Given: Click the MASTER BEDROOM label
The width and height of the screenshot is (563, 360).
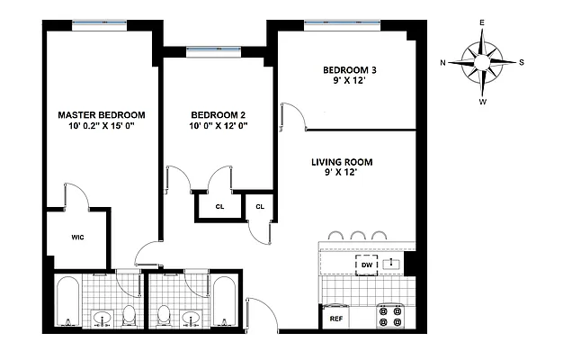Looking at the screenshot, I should click(102, 115).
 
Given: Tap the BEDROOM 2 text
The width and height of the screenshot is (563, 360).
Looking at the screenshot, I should click(219, 115).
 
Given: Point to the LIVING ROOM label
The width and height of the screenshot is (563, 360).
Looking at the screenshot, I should click(341, 162).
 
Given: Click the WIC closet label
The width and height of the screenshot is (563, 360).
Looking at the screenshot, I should click(78, 239).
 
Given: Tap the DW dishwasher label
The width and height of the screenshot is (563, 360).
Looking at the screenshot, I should click(366, 265).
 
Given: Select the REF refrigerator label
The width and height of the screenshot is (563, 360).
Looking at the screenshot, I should click(336, 319).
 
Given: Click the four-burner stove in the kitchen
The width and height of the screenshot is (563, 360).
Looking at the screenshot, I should click(390, 317).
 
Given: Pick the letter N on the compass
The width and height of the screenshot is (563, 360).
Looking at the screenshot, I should click(443, 62).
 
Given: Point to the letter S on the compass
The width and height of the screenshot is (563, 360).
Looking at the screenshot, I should click(523, 62).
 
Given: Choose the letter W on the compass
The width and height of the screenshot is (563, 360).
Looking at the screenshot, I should click(483, 102).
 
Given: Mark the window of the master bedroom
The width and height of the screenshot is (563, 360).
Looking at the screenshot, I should click(99, 25).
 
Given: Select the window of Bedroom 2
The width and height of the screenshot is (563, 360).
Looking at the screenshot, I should click(213, 51).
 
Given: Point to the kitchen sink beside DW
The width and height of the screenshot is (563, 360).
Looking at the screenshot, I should click(392, 265).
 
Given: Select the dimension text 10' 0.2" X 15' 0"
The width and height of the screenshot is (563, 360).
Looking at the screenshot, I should click(102, 127).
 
